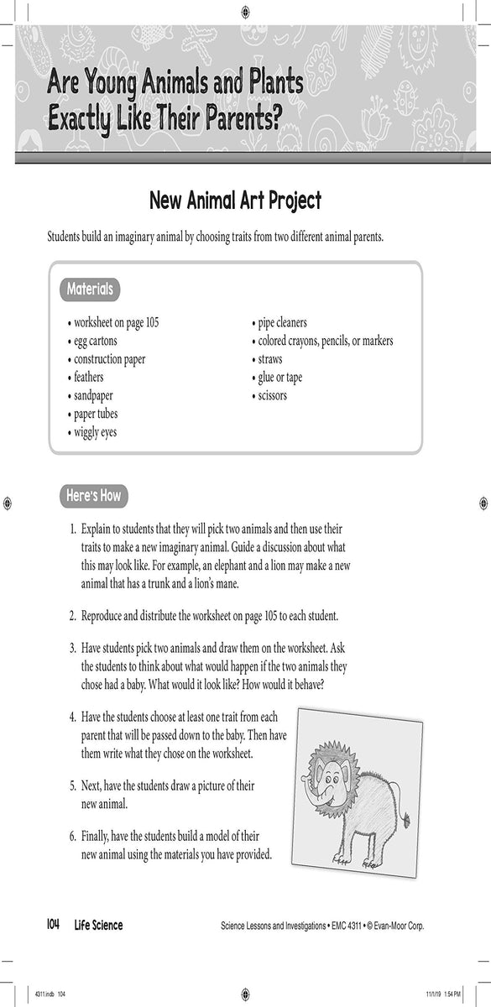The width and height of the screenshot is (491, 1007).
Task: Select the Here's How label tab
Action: click(x=93, y=496)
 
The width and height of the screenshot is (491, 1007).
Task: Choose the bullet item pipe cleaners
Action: click(x=281, y=322)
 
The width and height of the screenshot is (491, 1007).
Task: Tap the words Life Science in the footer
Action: click(x=97, y=926)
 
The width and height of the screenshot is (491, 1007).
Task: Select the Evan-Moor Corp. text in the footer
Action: click(x=394, y=926)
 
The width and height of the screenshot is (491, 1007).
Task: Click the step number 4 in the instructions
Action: click(x=73, y=718)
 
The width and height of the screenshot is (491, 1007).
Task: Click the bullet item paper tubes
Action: click(x=94, y=415)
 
